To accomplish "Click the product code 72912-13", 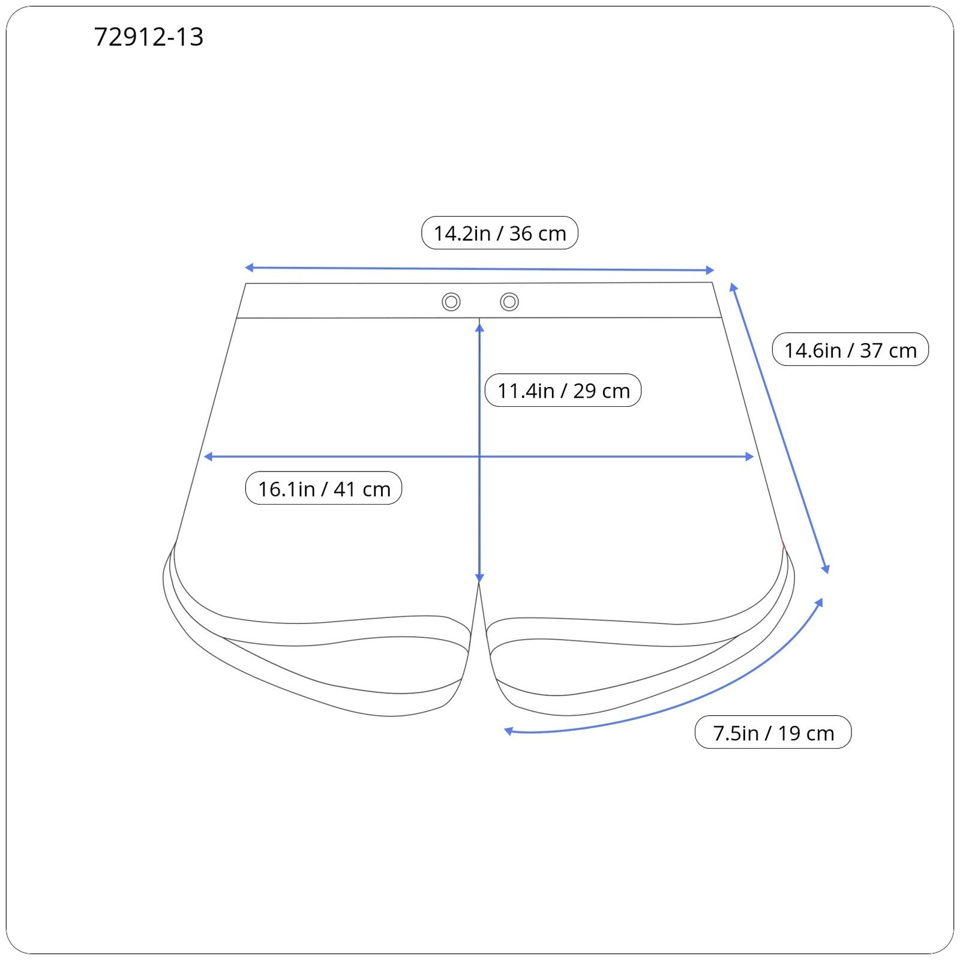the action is [x=149, y=37].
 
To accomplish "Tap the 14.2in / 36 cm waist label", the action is [x=500, y=233].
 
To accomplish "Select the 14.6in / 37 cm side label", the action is [x=850, y=350].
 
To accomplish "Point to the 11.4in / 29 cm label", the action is [x=563, y=391].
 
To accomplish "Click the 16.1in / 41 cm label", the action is [x=324, y=488].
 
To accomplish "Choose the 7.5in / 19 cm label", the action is [x=773, y=733].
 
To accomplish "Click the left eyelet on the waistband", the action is [x=451, y=302].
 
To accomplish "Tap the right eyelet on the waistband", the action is [x=509, y=302].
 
